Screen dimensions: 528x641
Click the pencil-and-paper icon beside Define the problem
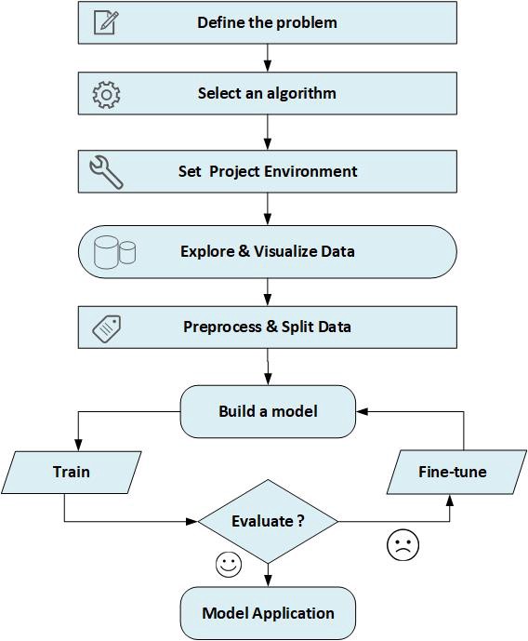pos(106,22)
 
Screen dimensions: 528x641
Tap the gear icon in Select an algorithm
pos(106,95)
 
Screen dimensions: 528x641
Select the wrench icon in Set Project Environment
pos(106,172)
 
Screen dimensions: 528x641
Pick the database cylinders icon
pos(114,252)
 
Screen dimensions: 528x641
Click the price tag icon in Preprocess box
pos(107,328)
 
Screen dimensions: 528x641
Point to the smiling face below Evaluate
pos(229,565)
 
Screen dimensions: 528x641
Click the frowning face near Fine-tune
pos(403,544)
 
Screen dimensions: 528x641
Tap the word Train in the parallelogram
pos(72,472)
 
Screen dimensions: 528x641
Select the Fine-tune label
pos(453,472)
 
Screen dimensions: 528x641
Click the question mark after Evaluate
pos(300,521)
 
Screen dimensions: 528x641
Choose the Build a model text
pos(268,411)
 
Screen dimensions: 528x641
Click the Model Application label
pos(268,613)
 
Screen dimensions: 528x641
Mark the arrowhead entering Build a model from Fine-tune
pos(362,411)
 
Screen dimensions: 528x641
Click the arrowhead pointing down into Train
pos(78,446)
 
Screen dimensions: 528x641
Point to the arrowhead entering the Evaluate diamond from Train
pos(191,522)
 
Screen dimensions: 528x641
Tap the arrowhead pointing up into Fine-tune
pos(450,501)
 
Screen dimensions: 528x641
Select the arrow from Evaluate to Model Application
pos(268,575)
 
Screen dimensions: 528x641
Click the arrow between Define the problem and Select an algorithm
pos(268,58)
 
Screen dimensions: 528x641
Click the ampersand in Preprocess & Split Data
pos(271,327)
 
